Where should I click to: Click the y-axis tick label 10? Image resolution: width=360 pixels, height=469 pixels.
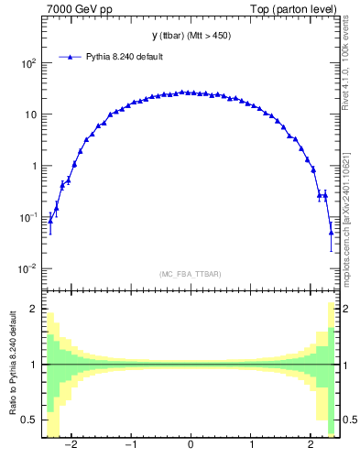pyautogui.click(x=30, y=115)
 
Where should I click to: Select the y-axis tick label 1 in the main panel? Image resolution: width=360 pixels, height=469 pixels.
pyautogui.click(x=34, y=166)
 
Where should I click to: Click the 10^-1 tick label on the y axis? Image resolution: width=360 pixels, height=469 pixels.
pyautogui.click(x=28, y=217)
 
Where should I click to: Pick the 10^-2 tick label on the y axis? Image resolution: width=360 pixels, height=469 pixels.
pyautogui.click(x=28, y=268)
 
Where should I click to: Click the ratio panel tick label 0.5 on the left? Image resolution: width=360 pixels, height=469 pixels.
pyautogui.click(x=29, y=420)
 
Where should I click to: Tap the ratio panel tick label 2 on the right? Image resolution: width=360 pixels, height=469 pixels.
pyautogui.click(x=346, y=310)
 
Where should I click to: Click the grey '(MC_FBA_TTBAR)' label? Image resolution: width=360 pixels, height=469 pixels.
pyautogui.click(x=190, y=274)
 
